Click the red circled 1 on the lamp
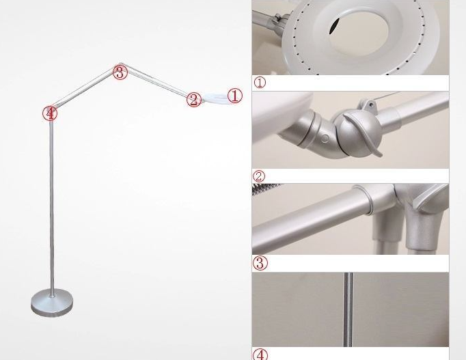[235, 96]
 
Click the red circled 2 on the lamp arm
[194, 100]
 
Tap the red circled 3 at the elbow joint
[120, 72]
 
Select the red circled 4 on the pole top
[50, 113]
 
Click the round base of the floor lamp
[52, 303]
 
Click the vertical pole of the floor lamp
[52, 205]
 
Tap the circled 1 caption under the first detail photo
[260, 82]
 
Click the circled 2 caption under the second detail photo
[258, 176]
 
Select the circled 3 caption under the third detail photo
[260, 263]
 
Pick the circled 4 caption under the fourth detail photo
[260, 355]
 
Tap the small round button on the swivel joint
[325, 139]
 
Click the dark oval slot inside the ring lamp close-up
[334, 25]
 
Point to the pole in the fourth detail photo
[348, 309]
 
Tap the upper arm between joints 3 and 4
[85, 89]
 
